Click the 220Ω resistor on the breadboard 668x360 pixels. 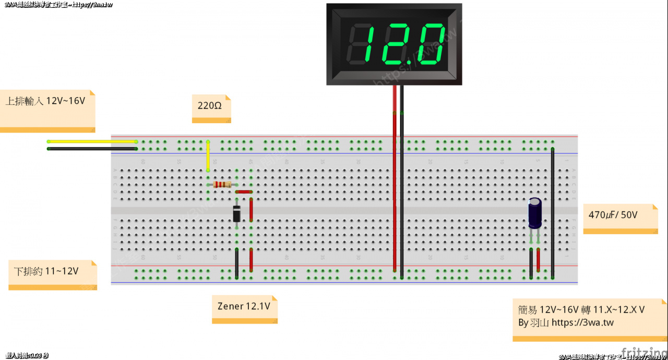click(222, 184)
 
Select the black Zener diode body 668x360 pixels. click(236, 214)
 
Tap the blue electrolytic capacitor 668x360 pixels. click(535, 212)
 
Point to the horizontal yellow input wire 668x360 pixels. click(92, 141)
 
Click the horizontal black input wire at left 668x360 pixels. click(92, 149)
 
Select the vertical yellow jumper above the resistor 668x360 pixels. click(208, 155)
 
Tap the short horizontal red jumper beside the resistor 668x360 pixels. click(244, 192)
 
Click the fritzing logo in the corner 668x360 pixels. click(645, 354)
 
